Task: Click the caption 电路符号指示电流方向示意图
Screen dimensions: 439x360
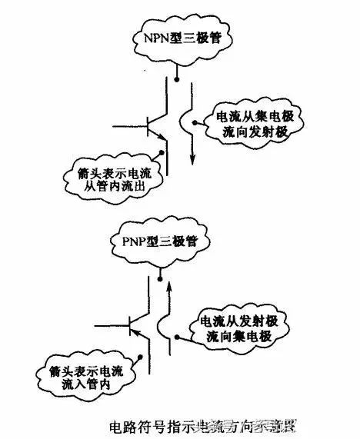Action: [204, 424]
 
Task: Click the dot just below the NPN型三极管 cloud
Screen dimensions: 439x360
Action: [178, 77]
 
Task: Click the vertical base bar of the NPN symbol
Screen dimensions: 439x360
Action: [148, 122]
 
